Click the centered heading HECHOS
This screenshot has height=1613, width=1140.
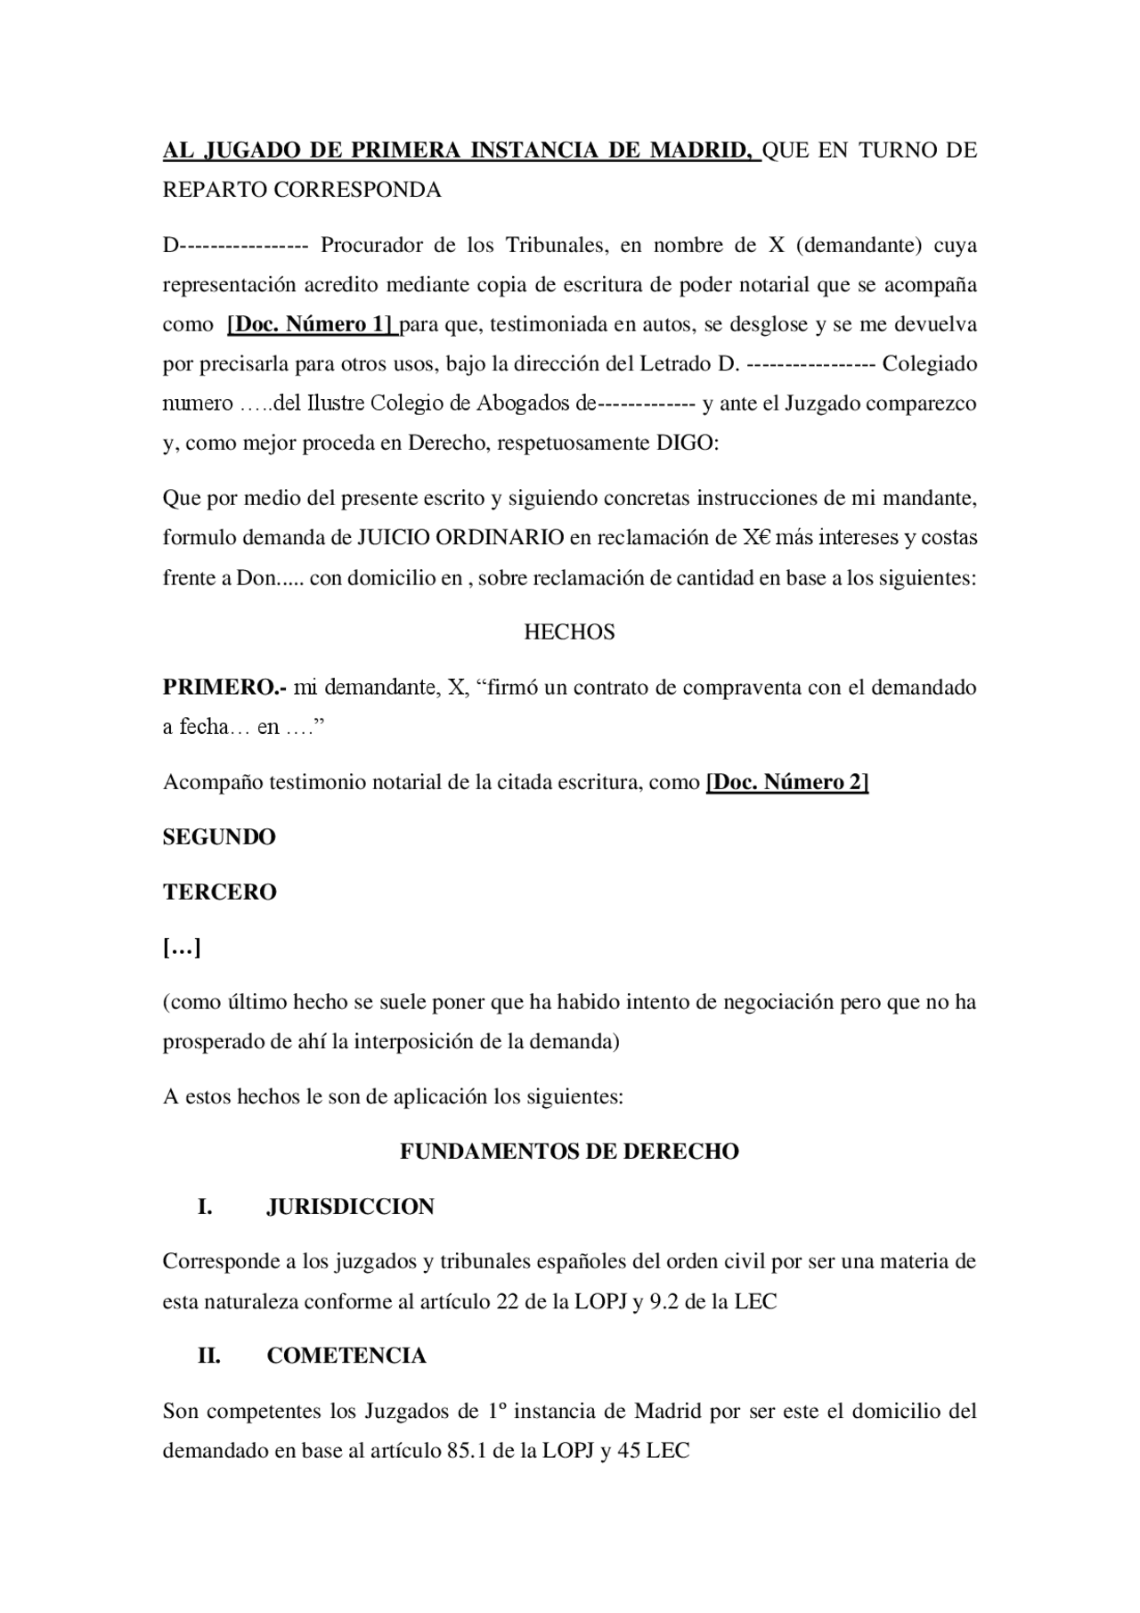569,632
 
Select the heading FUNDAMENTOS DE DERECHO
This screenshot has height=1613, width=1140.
569,1152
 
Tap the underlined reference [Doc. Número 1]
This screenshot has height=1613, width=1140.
311,324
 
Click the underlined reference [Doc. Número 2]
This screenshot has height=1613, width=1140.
786,782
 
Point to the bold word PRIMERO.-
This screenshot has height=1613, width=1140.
224,688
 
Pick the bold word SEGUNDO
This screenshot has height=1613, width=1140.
219,837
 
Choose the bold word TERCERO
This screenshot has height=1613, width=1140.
219,892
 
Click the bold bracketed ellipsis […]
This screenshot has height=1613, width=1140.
182,948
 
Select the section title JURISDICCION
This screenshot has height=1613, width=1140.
350,1207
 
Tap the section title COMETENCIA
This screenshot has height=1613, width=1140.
346,1356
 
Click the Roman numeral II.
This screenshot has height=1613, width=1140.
208,1356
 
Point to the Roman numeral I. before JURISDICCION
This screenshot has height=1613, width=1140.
205,1207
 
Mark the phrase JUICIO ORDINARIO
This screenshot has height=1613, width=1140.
460,538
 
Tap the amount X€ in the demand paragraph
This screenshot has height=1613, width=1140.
756,538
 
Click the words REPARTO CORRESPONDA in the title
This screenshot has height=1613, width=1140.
302,190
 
